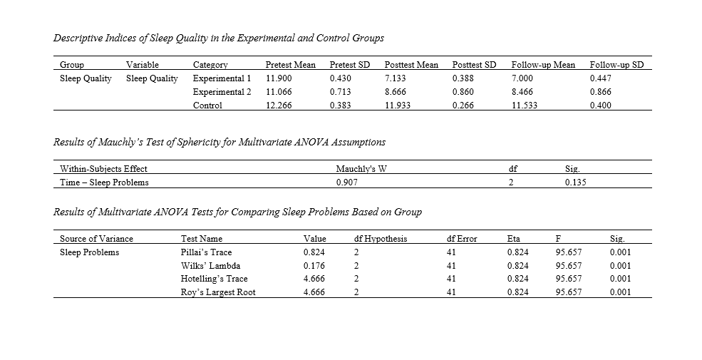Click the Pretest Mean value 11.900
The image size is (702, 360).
(278, 78)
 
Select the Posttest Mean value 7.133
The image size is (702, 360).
(396, 78)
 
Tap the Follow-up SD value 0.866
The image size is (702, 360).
(602, 92)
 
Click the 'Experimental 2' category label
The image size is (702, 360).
(222, 92)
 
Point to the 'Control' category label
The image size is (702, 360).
(207, 106)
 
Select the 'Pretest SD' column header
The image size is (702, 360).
(350, 65)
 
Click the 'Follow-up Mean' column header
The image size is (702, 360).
(543, 65)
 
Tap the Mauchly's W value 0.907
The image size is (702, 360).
(346, 182)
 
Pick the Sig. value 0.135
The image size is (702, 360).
(575, 182)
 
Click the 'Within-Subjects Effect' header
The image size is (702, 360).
(103, 169)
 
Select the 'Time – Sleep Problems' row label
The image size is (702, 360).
(104, 182)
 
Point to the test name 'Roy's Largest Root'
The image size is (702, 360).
(218, 292)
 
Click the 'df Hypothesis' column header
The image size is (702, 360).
(380, 239)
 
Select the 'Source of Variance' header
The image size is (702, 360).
(96, 239)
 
